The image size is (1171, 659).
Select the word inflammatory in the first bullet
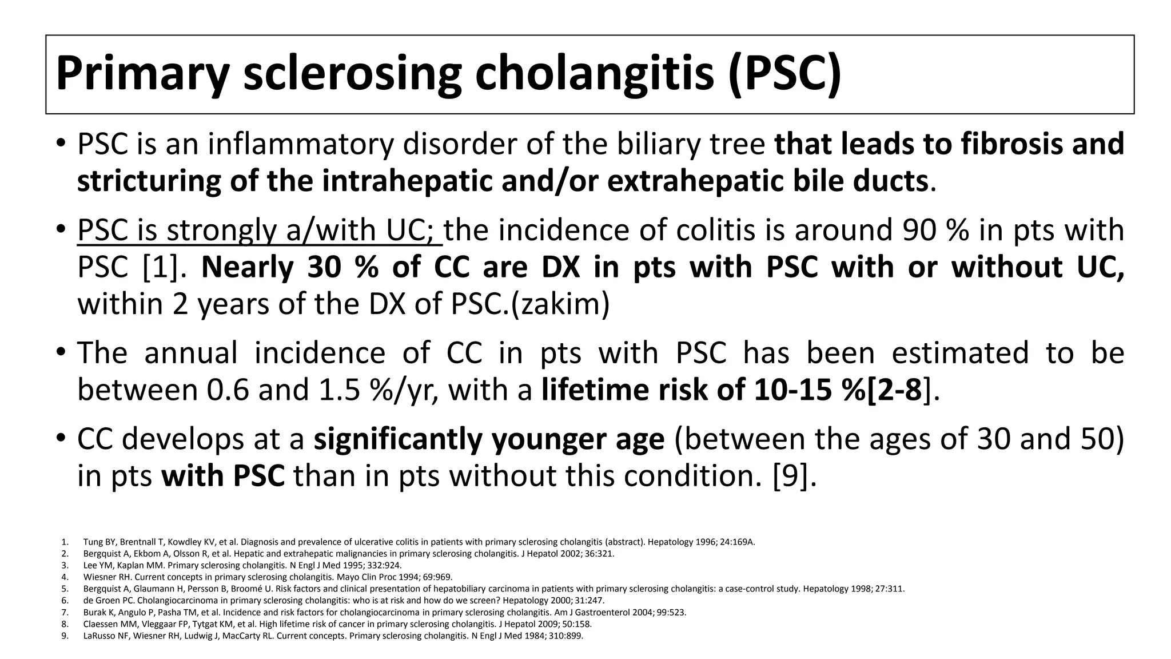pyautogui.click(x=301, y=144)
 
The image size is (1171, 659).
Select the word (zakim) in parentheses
pyautogui.click(x=560, y=304)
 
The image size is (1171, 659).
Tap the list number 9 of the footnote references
pyautogui.click(x=65, y=636)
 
